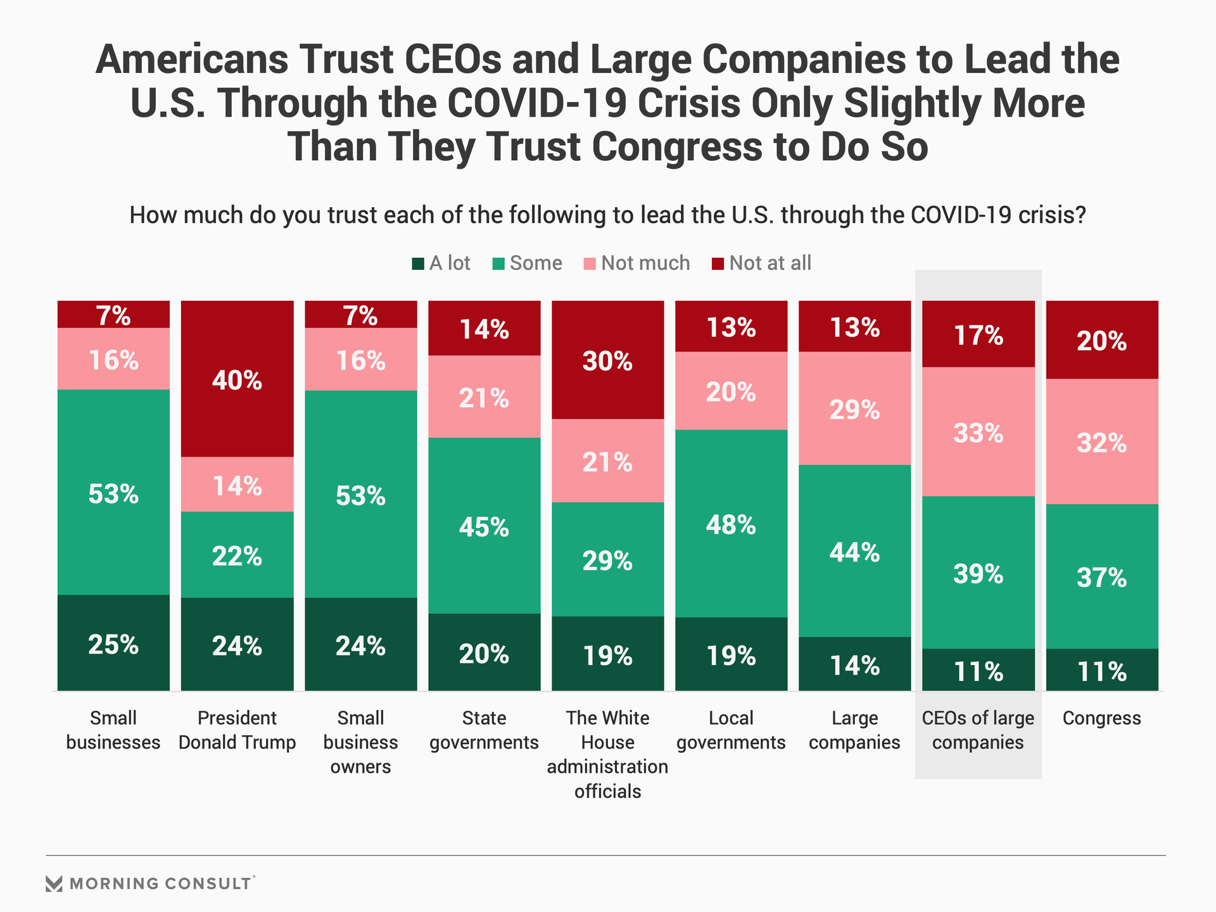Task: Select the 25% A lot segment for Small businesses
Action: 113,643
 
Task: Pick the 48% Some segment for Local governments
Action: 731,524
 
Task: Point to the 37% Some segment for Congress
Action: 1102,576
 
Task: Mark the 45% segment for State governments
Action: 484,526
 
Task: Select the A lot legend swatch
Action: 418,263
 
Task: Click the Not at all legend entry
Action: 762,263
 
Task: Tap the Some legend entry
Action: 528,263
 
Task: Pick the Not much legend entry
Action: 637,263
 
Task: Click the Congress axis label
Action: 1102,718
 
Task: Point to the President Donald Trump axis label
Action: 237,730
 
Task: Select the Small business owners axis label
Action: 361,742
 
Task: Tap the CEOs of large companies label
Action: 978,730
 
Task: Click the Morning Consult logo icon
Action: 54,883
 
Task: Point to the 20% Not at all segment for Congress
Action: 1102,340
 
